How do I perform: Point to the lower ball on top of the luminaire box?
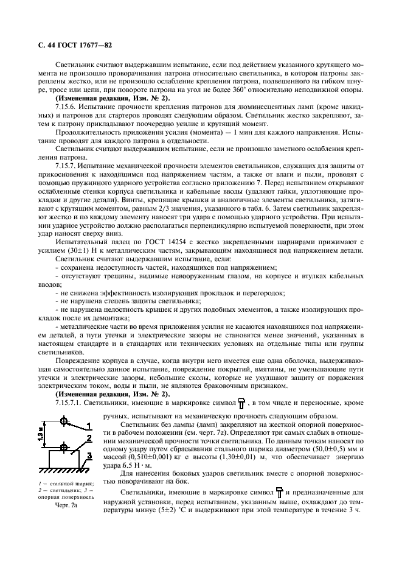(63, 446)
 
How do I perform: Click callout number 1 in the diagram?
(89, 424)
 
